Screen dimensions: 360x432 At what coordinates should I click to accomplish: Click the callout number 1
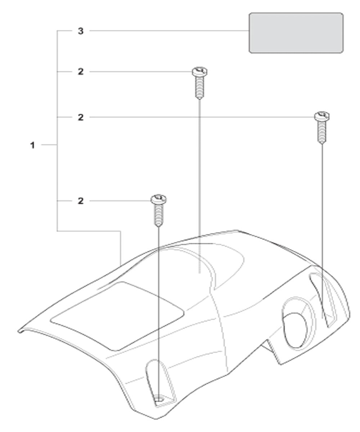(x=32, y=145)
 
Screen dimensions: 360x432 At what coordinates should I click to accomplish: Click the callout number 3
(x=81, y=31)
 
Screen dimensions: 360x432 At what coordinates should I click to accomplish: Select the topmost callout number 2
(x=81, y=72)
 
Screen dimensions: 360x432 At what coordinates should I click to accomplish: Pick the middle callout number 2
(x=81, y=117)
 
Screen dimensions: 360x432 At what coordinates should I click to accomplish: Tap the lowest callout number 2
(x=81, y=201)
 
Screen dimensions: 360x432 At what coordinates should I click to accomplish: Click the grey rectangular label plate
(x=296, y=33)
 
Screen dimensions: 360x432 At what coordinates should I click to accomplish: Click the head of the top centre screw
(x=200, y=71)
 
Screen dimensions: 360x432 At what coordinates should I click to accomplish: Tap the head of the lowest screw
(x=159, y=199)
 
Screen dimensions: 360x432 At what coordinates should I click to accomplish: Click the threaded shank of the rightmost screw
(x=322, y=132)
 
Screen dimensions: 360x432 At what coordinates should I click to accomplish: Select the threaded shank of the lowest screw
(x=159, y=215)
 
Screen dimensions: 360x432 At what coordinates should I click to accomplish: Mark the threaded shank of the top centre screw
(x=200, y=87)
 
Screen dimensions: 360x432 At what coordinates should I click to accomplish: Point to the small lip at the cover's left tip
(x=21, y=331)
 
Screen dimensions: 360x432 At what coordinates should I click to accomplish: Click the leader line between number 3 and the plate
(x=169, y=31)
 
